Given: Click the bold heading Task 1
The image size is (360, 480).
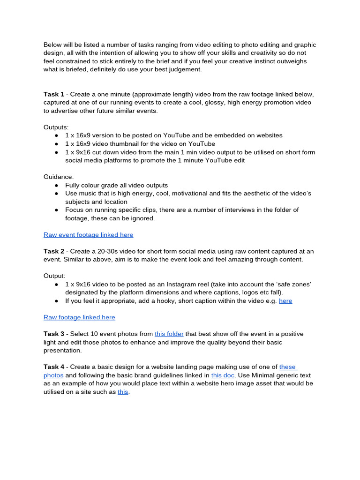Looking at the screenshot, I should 54,94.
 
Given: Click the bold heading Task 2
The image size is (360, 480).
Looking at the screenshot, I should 54,251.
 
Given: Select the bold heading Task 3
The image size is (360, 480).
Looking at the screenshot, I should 54,334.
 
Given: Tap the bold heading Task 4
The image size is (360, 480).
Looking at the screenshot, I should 54,367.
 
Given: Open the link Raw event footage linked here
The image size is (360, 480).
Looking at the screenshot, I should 88,234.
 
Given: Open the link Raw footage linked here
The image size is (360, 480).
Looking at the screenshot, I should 79,317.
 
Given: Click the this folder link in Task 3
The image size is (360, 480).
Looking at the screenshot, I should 169,334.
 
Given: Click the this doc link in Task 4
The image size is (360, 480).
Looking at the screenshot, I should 223,375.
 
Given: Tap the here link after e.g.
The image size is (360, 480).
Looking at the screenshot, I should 285,301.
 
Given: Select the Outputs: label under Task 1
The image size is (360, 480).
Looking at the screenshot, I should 56,127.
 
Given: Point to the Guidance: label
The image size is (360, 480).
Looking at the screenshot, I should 59,177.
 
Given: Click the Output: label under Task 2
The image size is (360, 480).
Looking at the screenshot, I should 54,276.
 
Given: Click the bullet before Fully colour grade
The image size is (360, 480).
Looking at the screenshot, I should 57,185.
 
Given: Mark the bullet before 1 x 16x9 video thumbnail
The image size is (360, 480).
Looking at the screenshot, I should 57,144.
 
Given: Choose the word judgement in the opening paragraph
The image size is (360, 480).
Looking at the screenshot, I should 185,69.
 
